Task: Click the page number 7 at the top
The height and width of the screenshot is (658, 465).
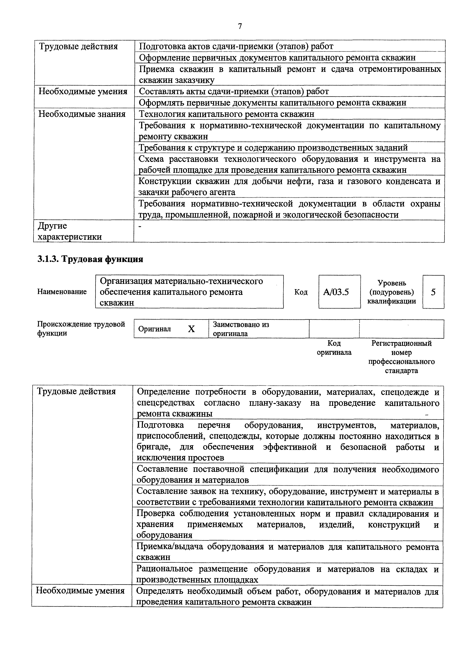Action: click(240, 26)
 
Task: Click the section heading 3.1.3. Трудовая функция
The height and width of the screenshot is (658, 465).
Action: click(90, 259)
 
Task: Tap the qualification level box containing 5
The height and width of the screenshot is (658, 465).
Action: click(433, 292)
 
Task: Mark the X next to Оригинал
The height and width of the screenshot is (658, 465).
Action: click(191, 329)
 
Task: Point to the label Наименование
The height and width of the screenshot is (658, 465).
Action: click(62, 292)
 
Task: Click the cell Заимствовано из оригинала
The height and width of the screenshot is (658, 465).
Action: click(241, 329)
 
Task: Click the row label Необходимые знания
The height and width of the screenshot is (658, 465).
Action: click(82, 114)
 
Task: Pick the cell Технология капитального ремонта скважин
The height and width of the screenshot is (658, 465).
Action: click(226, 114)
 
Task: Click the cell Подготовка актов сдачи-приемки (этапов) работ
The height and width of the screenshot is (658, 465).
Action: click(236, 46)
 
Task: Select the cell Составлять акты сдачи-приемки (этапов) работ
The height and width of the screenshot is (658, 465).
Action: click(234, 91)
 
